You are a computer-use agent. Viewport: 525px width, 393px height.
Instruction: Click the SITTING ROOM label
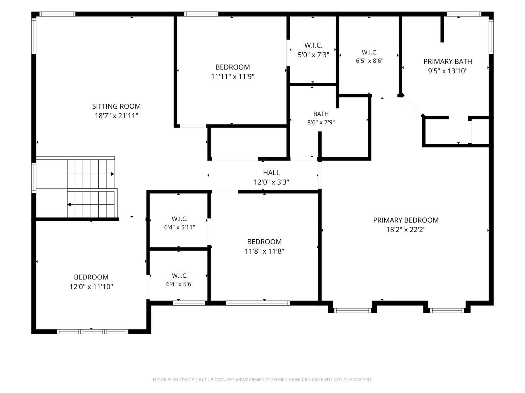[116, 106]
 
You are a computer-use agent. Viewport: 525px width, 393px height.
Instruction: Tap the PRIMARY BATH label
[448, 61]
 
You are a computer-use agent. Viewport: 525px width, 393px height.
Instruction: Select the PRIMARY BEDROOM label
[406, 220]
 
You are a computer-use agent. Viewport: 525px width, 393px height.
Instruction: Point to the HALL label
[271, 173]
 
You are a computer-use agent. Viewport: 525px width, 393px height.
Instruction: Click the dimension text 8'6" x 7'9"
[321, 122]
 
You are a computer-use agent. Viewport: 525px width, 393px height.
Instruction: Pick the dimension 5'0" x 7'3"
[313, 55]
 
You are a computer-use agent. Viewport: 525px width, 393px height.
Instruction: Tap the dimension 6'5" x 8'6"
[370, 60]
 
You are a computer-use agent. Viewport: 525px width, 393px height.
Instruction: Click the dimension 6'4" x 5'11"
[180, 227]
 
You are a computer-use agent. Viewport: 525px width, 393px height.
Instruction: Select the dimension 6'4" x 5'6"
[180, 284]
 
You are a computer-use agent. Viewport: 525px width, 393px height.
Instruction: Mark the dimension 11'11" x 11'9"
[232, 77]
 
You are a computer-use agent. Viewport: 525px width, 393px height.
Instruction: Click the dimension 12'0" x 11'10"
[91, 286]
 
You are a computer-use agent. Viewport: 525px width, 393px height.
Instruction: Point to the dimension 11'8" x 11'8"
[264, 251]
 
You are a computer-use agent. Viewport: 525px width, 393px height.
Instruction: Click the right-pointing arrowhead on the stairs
[112, 174]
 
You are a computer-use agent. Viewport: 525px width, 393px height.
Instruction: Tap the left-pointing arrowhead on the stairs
[69, 204]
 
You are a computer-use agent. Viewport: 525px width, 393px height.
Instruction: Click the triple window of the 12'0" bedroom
[92, 332]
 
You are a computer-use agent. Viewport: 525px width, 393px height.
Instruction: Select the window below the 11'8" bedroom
[258, 303]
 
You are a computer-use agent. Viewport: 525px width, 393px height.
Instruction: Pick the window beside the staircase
[34, 177]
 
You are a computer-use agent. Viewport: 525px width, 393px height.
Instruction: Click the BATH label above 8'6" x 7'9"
[321, 114]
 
